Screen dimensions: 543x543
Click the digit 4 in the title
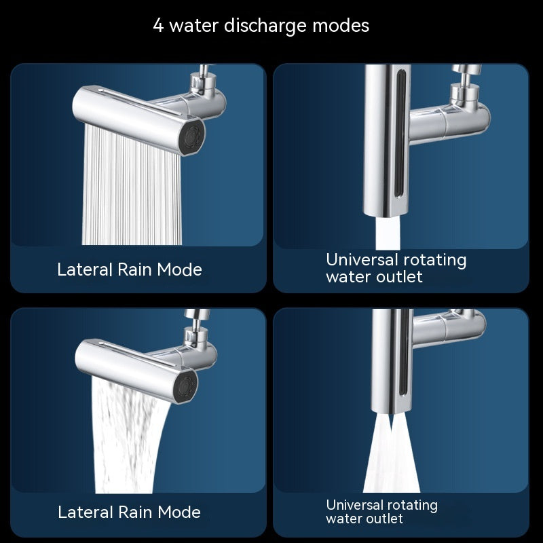(x=157, y=26)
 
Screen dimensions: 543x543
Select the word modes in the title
(x=341, y=26)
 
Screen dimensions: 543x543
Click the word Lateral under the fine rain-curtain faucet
(x=85, y=269)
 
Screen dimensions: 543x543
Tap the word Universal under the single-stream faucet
(x=362, y=260)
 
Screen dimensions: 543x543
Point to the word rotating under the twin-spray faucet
(x=411, y=505)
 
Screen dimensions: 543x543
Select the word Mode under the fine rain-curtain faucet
(x=180, y=269)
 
